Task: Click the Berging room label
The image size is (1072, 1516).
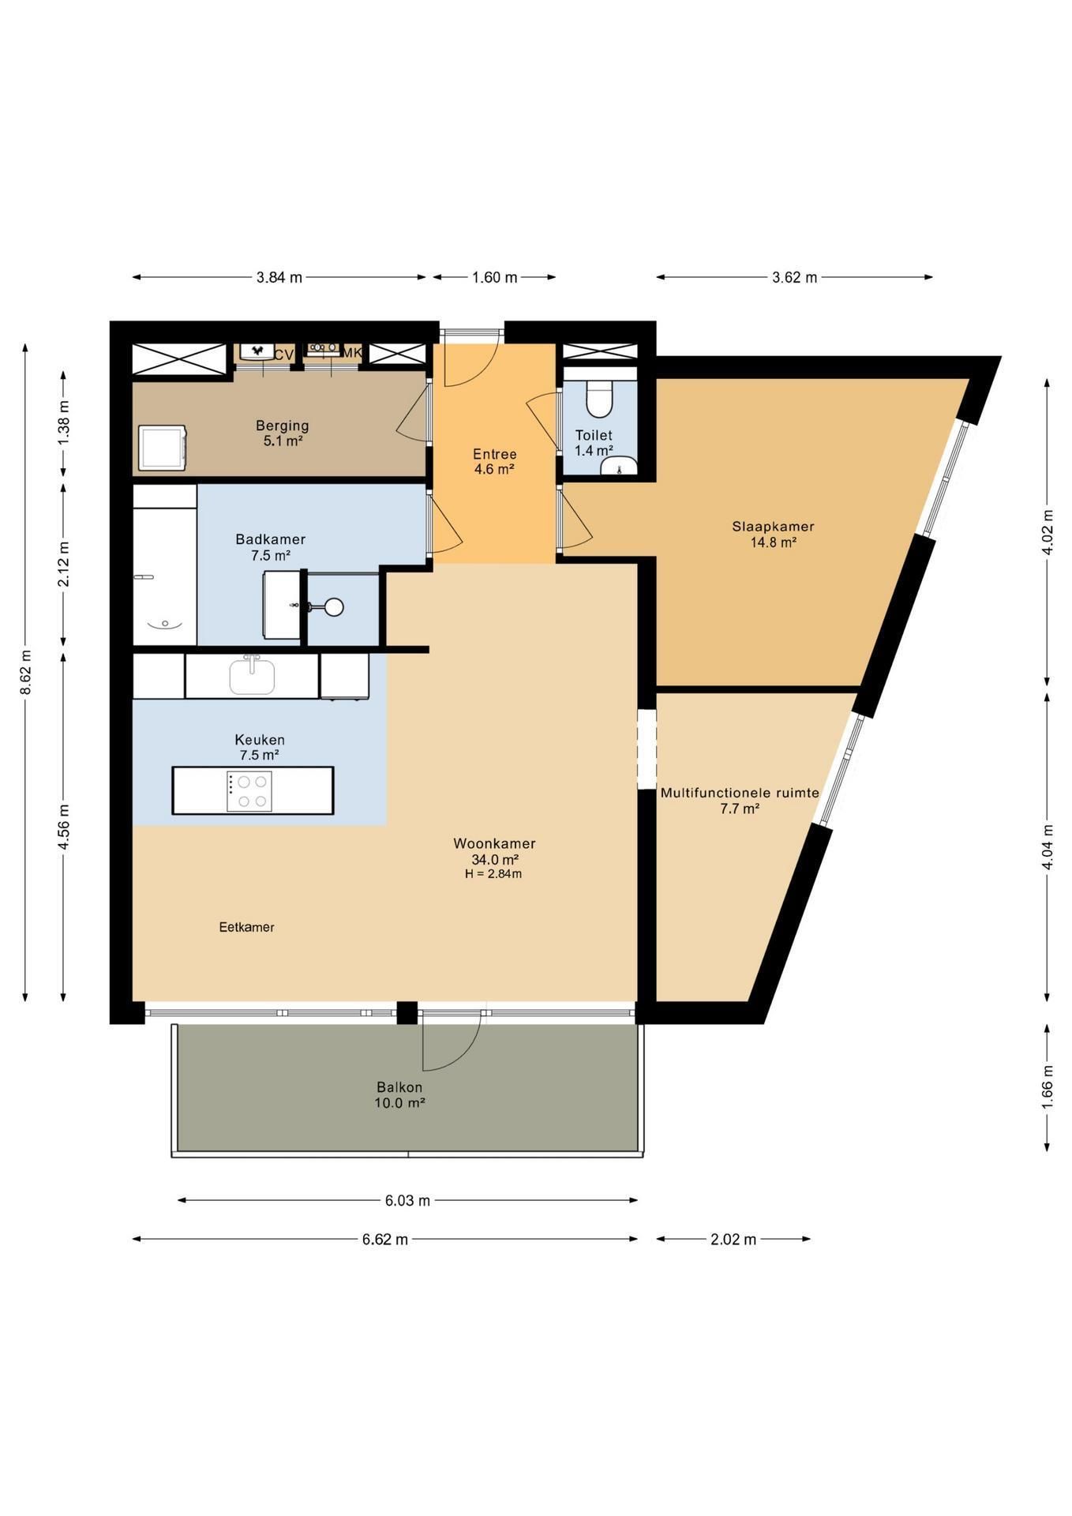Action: pyautogui.click(x=282, y=426)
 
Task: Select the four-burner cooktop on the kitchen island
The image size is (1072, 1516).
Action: pyautogui.click(x=249, y=790)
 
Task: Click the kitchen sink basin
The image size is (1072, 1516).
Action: pyautogui.click(x=252, y=676)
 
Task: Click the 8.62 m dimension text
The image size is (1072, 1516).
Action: pyautogui.click(x=26, y=672)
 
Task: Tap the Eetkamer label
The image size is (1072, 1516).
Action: pyautogui.click(x=247, y=927)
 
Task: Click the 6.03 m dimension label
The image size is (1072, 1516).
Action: pyautogui.click(x=407, y=1201)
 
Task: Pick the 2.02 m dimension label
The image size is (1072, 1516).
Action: pyautogui.click(x=733, y=1240)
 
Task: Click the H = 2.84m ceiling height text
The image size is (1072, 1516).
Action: pyautogui.click(x=493, y=874)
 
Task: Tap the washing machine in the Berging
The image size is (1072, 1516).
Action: pyautogui.click(x=163, y=448)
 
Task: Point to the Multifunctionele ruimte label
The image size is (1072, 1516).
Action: pyautogui.click(x=740, y=793)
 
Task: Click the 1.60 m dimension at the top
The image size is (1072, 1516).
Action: pyautogui.click(x=495, y=277)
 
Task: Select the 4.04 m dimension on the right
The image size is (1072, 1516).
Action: pyautogui.click(x=1048, y=847)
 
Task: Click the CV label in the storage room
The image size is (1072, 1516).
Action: pyautogui.click(x=284, y=355)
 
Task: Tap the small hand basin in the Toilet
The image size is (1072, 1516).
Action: pyautogui.click(x=620, y=467)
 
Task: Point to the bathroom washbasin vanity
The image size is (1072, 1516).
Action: pyautogui.click(x=282, y=605)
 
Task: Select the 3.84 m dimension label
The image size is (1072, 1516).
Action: pyautogui.click(x=279, y=277)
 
